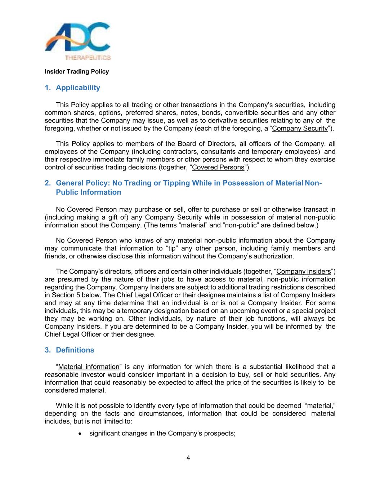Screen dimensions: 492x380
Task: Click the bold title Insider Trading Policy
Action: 77,72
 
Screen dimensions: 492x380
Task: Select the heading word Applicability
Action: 78,88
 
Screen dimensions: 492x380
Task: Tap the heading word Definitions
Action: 75,350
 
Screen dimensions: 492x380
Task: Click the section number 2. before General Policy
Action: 48,183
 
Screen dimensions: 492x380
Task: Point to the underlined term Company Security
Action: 300,128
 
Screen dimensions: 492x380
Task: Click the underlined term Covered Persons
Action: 218,167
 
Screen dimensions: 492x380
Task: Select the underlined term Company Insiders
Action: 303,272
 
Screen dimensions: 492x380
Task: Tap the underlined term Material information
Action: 89,367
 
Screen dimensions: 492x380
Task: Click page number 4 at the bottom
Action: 188,458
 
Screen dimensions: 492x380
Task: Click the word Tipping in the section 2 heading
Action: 176,183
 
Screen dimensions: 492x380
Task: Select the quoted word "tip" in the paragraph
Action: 175,248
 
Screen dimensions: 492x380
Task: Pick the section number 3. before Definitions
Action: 48,350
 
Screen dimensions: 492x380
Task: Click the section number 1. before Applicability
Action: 48,88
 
